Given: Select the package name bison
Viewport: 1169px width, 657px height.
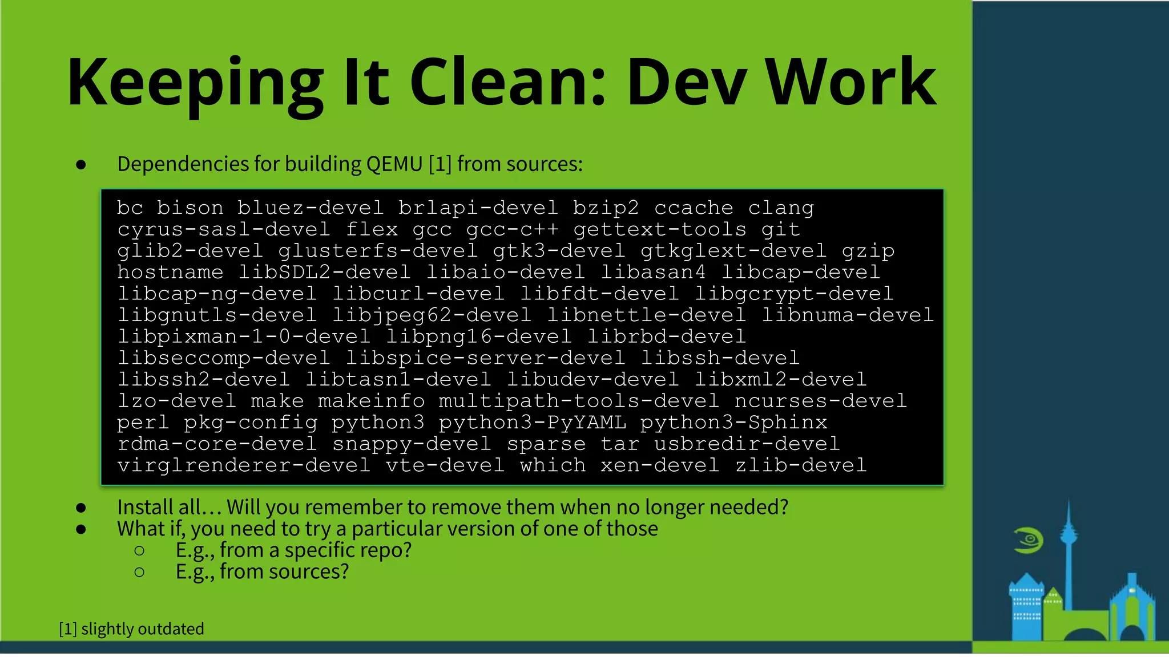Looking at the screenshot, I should coord(190,208).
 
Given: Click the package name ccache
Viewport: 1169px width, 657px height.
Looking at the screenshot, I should coord(694,208).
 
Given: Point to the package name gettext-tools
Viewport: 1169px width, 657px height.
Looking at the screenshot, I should coord(660,230).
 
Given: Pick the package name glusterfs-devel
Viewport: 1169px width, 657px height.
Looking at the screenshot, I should coord(378,252).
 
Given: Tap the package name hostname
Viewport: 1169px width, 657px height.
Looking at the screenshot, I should coord(170,273).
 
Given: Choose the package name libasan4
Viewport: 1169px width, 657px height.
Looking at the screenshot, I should coord(653,273).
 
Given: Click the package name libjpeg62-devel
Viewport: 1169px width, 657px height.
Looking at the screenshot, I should coord(432,315).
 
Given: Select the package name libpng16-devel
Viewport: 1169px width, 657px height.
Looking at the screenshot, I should coord(479,337).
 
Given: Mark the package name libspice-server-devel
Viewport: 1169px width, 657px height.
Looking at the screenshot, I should coord(486,359).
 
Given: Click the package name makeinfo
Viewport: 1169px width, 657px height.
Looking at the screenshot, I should coord(371,401).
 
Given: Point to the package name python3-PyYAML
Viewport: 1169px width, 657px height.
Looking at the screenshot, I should coord(532,423).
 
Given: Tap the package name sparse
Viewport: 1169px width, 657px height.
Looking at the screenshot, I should coord(546,444).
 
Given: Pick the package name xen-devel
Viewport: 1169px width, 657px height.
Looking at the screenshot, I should coord(660,466).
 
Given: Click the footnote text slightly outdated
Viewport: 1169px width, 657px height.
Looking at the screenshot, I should coord(143,629).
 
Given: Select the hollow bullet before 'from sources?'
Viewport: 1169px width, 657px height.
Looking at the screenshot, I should coord(139,572).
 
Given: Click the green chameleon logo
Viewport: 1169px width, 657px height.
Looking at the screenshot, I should coord(1029,541).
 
